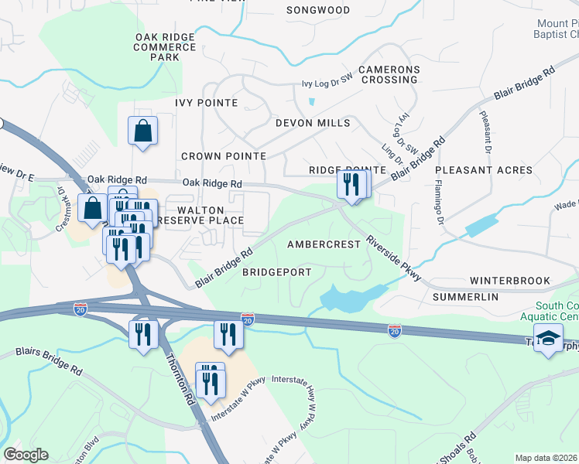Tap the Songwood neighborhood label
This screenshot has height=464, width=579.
pos(318,11)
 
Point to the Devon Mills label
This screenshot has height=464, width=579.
pos(313,123)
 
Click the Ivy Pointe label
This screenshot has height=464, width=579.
pos(207,102)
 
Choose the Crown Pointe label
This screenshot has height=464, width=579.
pos(224,156)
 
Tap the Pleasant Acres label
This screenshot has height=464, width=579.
pos(484,170)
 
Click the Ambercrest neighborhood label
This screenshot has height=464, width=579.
pos(324,244)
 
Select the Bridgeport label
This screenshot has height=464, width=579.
pos(276,273)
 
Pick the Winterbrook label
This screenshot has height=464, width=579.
pos(509,281)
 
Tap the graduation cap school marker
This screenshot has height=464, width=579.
pos(548,339)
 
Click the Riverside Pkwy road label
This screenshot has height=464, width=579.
pos(393,258)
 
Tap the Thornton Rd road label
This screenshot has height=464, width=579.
pos(178,380)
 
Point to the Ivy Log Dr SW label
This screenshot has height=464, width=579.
pos(334,84)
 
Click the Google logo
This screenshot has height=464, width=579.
pos(26,455)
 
